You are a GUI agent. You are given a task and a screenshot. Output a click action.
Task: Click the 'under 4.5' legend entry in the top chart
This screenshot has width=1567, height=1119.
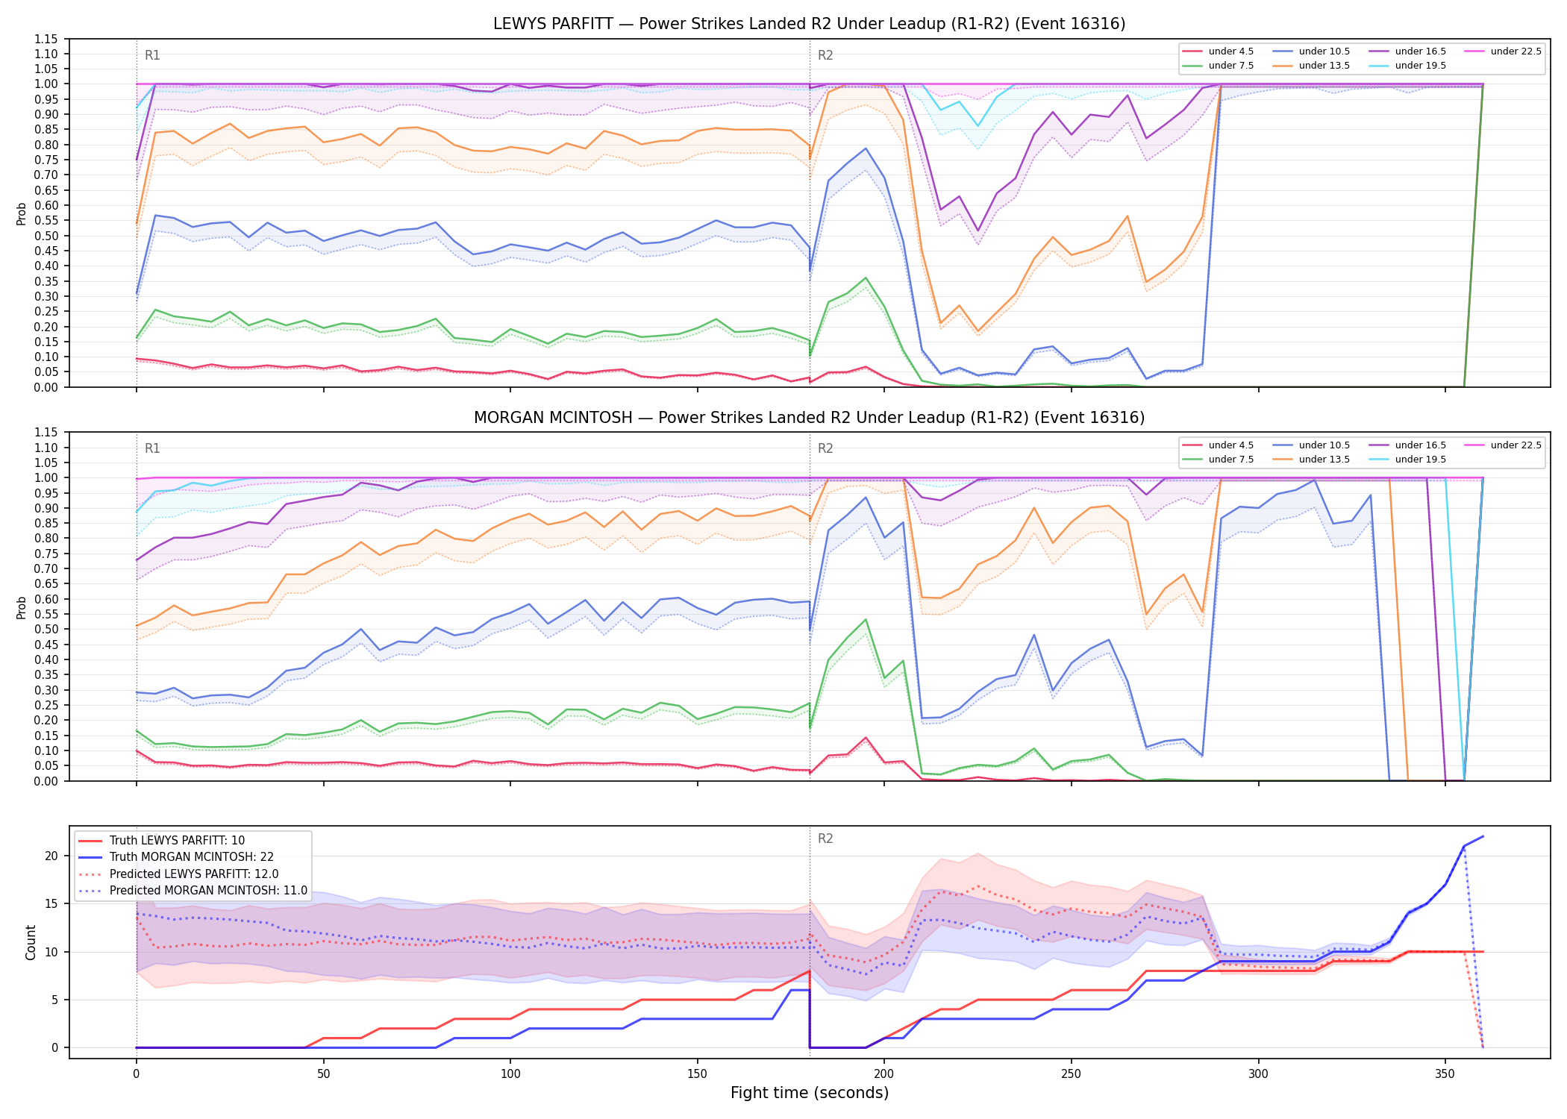coord(1218,51)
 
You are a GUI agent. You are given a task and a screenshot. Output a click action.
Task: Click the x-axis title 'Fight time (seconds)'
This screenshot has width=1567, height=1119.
coord(810,1093)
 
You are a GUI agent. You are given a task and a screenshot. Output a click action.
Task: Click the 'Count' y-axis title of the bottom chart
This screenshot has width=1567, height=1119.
coord(31,942)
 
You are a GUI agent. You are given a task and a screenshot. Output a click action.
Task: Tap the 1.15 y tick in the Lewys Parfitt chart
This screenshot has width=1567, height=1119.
coord(46,39)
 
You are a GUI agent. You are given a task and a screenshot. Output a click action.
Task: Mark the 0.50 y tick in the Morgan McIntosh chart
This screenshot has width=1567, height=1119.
coord(46,629)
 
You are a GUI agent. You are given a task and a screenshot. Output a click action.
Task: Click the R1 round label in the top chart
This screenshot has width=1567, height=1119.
coord(152,55)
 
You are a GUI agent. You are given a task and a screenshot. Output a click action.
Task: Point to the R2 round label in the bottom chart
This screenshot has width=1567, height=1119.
coord(825,839)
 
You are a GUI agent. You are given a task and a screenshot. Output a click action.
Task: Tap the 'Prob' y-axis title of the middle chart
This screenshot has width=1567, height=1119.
coord(22,607)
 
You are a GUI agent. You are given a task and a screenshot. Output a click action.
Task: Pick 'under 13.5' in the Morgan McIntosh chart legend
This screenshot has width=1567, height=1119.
coord(1311,460)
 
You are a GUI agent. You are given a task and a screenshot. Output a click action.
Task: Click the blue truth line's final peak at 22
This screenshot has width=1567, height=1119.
coord(1483,836)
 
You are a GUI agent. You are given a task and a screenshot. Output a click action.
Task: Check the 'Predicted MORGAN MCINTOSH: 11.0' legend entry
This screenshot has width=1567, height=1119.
coord(193,890)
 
